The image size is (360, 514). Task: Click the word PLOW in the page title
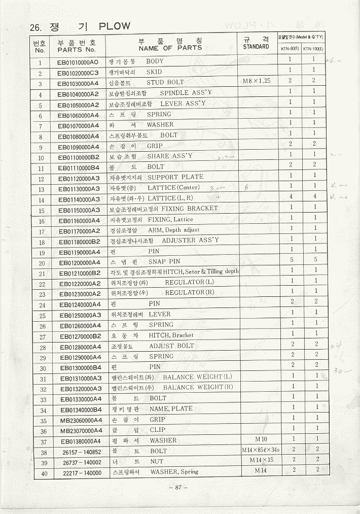(x=115, y=26)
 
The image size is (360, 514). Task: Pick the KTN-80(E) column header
(x=289, y=49)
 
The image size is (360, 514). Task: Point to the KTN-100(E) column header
(x=313, y=49)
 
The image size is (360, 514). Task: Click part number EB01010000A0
(x=78, y=63)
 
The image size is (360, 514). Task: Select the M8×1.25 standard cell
(x=257, y=81)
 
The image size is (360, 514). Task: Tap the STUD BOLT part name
(x=165, y=82)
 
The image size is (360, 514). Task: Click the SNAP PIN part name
(x=164, y=262)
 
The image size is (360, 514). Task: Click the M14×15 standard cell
(x=261, y=460)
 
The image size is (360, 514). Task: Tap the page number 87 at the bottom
(x=178, y=488)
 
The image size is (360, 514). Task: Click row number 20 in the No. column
(x=42, y=263)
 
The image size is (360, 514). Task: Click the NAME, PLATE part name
(x=171, y=409)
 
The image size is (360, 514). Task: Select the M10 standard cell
(x=261, y=439)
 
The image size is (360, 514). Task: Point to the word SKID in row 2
(x=154, y=72)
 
